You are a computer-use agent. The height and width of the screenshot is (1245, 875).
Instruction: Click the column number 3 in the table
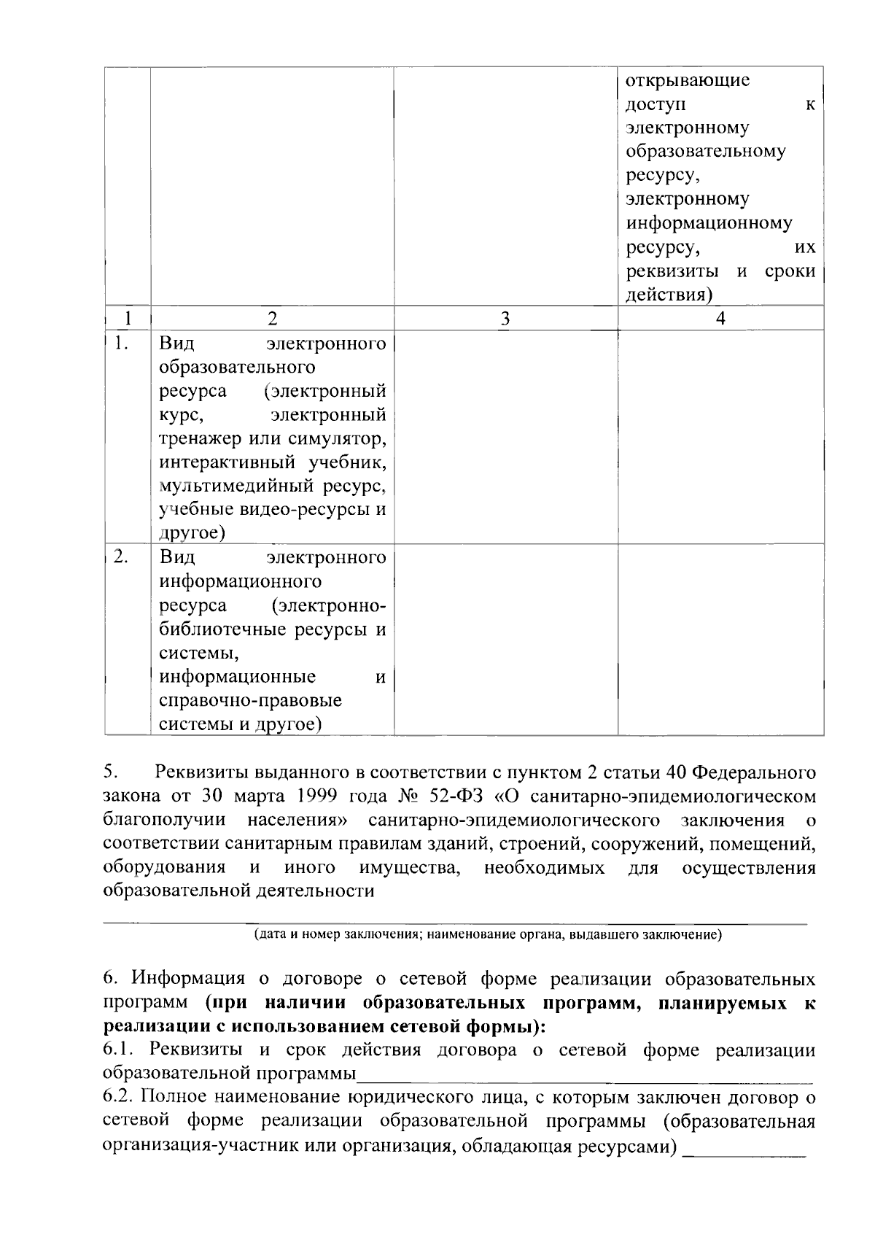pyautogui.click(x=505, y=318)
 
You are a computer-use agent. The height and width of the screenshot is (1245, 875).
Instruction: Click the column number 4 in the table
pyautogui.click(x=720, y=318)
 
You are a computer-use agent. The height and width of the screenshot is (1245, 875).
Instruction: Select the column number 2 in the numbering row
pyautogui.click(x=272, y=318)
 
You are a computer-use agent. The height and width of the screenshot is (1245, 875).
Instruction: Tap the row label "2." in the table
pyautogui.click(x=121, y=558)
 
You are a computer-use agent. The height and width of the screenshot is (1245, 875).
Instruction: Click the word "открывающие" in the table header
pyautogui.click(x=688, y=80)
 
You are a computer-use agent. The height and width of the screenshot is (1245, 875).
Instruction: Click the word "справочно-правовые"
pyautogui.click(x=251, y=701)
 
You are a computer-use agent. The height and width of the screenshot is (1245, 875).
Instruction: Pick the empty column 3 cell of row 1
pyautogui.click(x=505, y=436)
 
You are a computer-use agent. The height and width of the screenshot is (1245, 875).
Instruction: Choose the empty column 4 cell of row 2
pyautogui.click(x=720, y=639)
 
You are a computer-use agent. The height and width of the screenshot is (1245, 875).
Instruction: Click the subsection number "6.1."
pyautogui.click(x=121, y=1050)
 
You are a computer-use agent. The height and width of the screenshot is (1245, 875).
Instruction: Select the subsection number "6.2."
pyautogui.click(x=121, y=1097)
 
